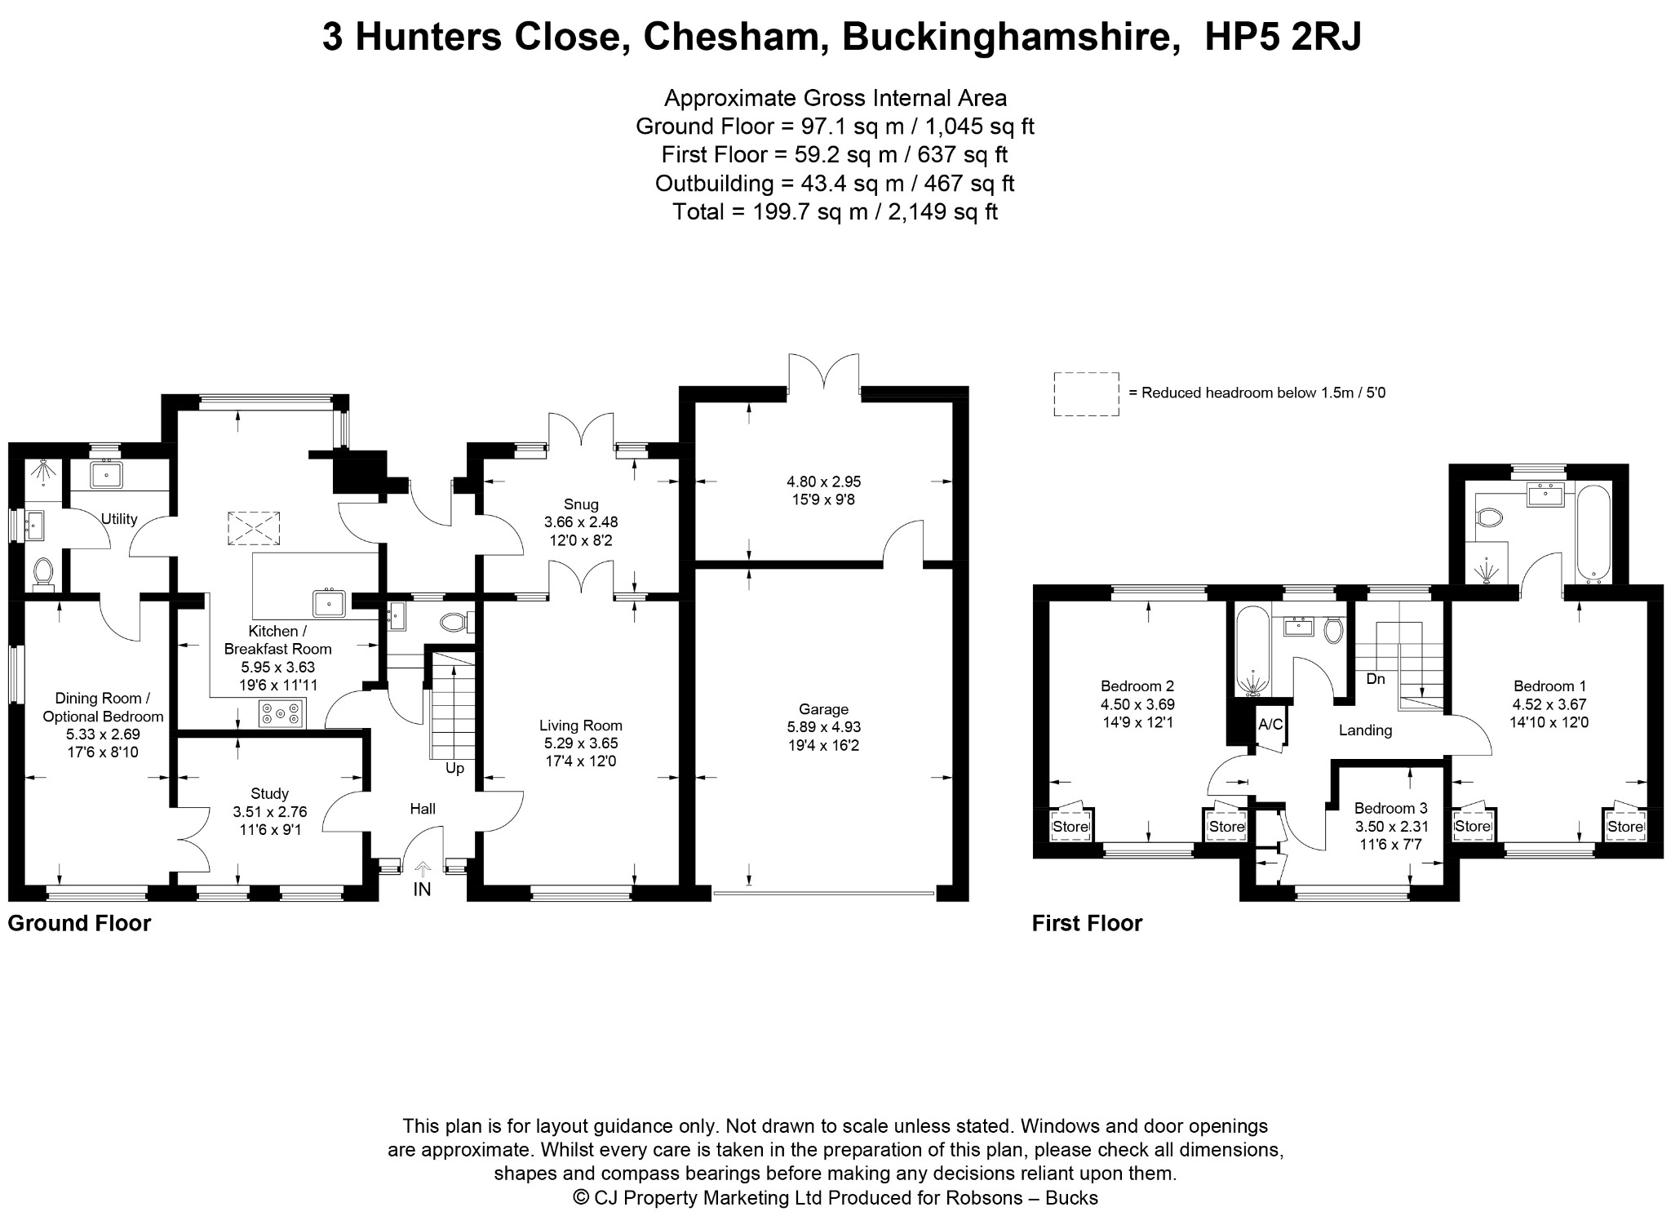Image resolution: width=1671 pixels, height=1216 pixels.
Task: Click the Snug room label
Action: (581, 504)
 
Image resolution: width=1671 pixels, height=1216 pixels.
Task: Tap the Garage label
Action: (823, 709)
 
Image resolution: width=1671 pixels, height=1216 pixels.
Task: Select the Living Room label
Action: (581, 726)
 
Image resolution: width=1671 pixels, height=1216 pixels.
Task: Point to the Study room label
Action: (270, 793)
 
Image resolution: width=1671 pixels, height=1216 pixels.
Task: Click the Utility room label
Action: (119, 519)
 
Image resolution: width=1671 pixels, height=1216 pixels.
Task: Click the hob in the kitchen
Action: (281, 714)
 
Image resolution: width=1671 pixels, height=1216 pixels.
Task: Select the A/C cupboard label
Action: (1270, 724)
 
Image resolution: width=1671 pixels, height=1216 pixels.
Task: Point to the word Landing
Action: (1365, 730)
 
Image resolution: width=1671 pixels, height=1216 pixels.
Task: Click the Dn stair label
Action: (1376, 679)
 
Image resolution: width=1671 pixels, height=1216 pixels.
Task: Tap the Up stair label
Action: (454, 768)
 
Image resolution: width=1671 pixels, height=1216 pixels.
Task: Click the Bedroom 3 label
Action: (1391, 808)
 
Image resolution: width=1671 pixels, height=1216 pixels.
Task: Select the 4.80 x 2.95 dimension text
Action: (823, 482)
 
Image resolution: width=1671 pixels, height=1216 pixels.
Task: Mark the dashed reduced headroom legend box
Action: (1086, 394)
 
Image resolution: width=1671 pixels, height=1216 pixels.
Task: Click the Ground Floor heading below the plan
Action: (79, 923)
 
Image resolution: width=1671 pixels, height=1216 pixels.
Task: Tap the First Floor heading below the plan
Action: (1087, 923)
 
